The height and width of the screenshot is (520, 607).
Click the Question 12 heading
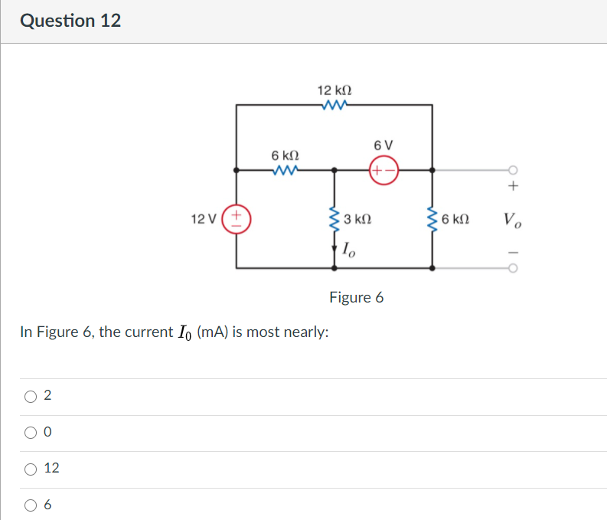[70, 21]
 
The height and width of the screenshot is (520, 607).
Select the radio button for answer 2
[31, 396]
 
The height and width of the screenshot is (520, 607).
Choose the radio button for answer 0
[31, 433]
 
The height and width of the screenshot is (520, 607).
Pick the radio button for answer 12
[31, 469]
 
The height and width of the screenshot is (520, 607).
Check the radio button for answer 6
[31, 505]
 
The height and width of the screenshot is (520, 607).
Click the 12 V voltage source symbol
[237, 219]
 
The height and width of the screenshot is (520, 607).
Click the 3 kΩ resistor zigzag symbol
[334, 220]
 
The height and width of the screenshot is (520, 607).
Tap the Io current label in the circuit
[348, 248]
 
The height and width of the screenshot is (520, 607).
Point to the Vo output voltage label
[513, 221]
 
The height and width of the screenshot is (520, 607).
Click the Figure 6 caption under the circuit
[356, 297]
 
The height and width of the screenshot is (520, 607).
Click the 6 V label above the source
[383, 146]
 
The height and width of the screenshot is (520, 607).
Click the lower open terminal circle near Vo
[513, 268]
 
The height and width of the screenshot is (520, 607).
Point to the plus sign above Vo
[514, 187]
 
